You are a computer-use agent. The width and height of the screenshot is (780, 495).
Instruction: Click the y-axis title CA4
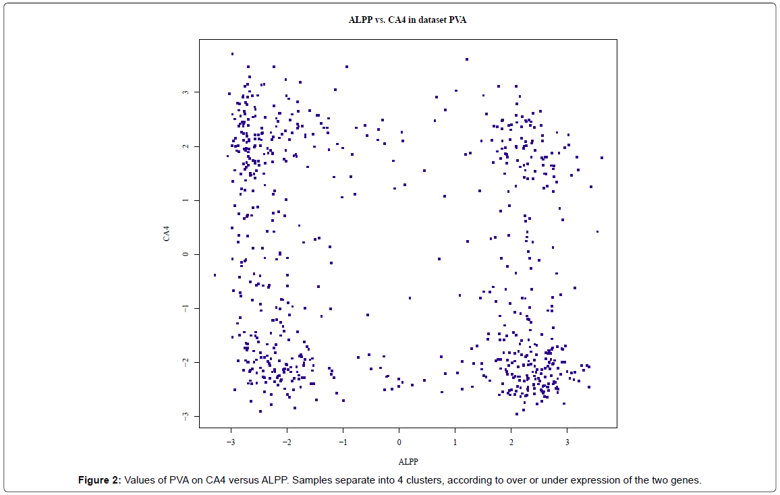click(165, 234)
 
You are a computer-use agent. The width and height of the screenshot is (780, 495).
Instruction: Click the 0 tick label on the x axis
click(399, 443)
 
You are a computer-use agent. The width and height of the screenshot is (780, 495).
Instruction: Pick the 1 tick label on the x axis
click(455, 443)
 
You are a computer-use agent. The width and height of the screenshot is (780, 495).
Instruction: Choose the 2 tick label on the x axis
click(511, 443)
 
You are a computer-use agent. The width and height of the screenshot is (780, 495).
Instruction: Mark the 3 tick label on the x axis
click(567, 443)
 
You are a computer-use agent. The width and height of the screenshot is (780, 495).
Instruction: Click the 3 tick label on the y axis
click(186, 92)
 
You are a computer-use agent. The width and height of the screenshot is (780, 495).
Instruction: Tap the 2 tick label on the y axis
click(186, 146)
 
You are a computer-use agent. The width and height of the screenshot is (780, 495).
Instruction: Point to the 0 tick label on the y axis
click(186, 254)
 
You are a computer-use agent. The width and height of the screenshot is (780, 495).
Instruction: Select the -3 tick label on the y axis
click(186, 416)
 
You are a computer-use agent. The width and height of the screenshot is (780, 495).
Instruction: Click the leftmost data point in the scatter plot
click(215, 275)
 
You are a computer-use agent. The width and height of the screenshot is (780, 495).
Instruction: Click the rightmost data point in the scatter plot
click(601, 158)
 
